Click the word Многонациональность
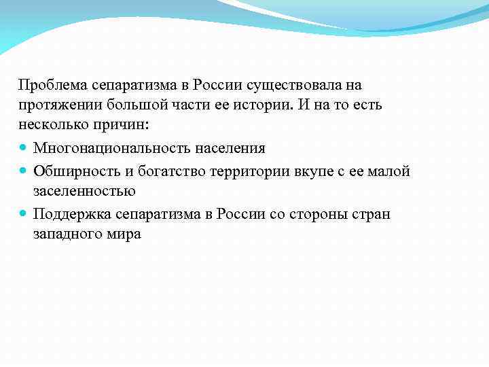coord(111,148)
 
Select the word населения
coord(230,148)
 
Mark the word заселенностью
coord(85,191)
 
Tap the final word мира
coord(124,234)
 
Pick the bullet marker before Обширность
coord(24,171)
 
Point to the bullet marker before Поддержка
coord(24,213)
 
